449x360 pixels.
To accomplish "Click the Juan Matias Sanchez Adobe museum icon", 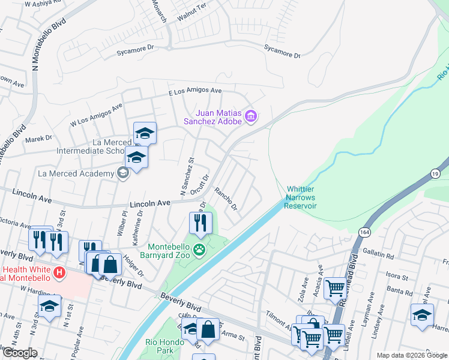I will (252, 115).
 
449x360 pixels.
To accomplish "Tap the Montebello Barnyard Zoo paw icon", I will (200, 249).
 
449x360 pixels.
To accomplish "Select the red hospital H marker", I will (59, 273).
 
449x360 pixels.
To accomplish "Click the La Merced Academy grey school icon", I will (123, 173).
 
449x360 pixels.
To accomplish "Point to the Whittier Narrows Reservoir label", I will (301, 197).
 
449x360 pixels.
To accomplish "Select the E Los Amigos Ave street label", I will (195, 91).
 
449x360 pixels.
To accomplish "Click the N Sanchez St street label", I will (184, 177).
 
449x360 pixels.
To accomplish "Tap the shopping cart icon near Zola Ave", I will (335, 289).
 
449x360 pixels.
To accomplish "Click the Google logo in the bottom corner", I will (19, 353).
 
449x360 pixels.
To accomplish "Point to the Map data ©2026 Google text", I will (411, 355).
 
